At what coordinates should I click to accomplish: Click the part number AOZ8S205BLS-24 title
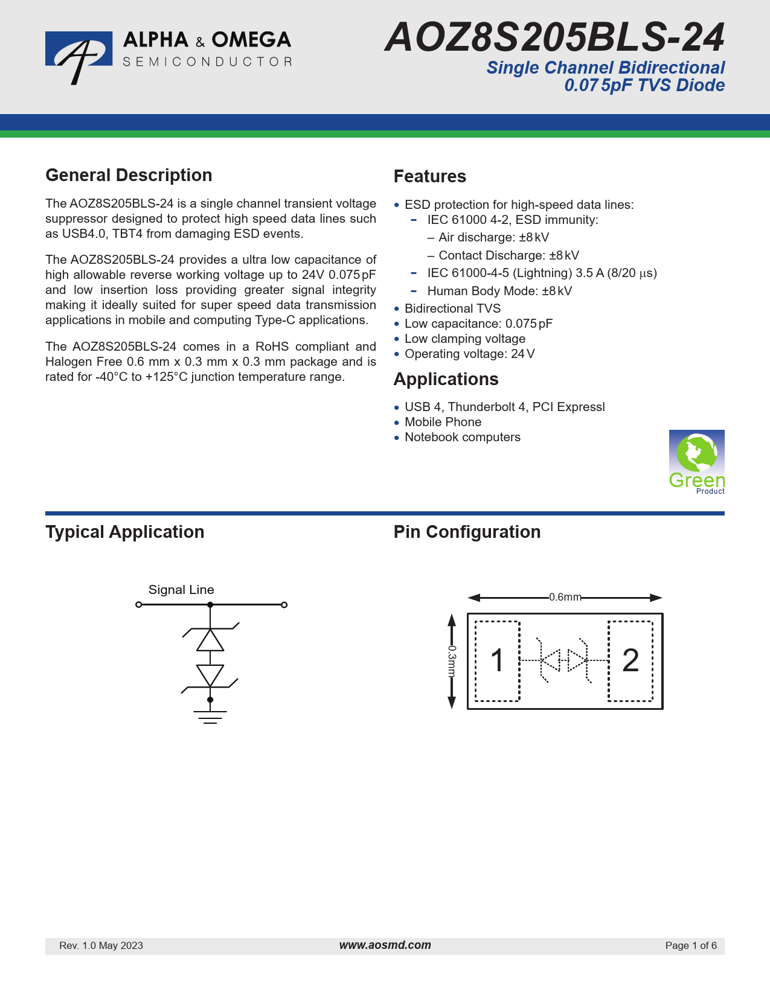tap(554, 37)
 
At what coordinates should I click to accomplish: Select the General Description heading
tap(129, 175)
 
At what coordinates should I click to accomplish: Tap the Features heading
tap(429, 176)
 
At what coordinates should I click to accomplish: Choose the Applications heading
tap(446, 379)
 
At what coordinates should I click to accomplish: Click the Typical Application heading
tap(124, 532)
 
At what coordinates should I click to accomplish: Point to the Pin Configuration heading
tap(467, 532)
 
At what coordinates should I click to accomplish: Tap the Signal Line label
tap(181, 590)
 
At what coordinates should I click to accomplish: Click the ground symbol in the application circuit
tap(210, 716)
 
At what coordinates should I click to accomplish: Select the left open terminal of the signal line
tap(138, 605)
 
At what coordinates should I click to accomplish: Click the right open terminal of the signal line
tap(284, 605)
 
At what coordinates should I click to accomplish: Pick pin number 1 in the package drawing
tap(497, 660)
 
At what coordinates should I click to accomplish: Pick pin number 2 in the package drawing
tap(630, 660)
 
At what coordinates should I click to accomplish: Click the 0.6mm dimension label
tap(565, 597)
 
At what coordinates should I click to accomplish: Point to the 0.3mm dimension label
tap(452, 660)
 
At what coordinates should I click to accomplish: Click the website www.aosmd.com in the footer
tap(385, 945)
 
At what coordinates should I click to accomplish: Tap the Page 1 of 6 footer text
tap(690, 945)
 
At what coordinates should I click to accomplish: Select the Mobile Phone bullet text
tap(443, 422)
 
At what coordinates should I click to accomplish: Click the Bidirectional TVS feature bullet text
tap(452, 308)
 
